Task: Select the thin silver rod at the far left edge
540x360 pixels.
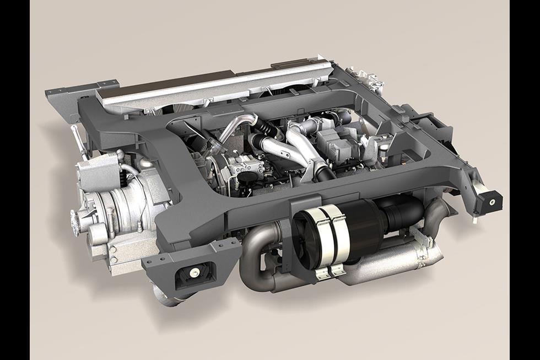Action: tap(78, 141)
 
